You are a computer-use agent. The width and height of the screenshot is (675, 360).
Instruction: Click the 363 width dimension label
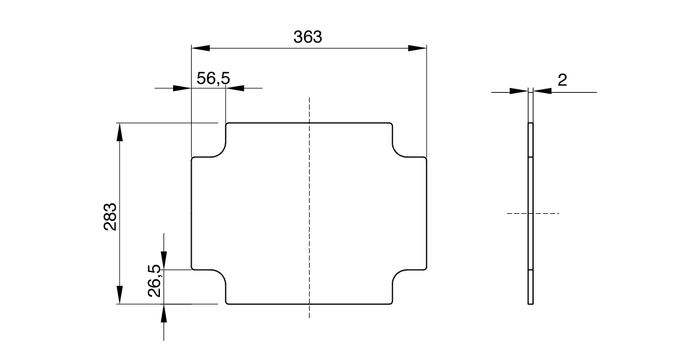tap(308, 37)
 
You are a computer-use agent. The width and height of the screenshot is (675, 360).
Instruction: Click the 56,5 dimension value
tap(213, 78)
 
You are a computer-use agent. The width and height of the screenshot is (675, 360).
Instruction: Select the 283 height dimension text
tap(110, 216)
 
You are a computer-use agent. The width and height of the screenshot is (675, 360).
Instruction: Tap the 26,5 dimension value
tap(154, 281)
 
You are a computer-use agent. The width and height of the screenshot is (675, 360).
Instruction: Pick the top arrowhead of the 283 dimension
tap(119, 132)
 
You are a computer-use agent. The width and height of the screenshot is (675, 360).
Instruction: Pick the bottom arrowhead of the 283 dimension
tap(119, 295)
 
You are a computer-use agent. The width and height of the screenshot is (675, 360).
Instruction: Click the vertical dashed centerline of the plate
tap(308, 210)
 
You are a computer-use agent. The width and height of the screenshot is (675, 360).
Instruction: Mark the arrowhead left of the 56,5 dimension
tap(182, 89)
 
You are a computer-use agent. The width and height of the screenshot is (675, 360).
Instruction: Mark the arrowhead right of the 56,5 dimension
tap(235, 89)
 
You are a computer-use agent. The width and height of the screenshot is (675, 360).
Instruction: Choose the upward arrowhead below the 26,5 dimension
tap(164, 313)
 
